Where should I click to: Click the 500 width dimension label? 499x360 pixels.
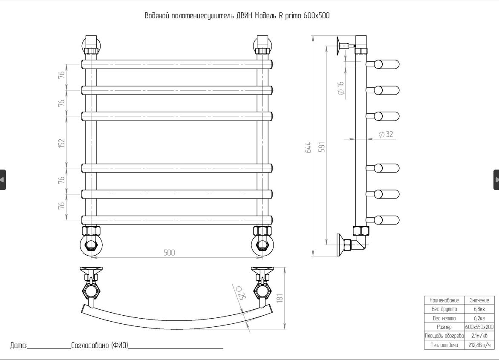coord(170,253)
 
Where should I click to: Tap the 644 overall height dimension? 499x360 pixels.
coord(309,147)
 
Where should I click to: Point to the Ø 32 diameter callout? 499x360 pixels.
coord(386,134)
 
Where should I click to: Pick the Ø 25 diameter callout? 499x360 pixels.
coord(239,293)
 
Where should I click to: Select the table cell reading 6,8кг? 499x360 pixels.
coord(479,309)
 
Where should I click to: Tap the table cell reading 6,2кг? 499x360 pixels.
coord(479,318)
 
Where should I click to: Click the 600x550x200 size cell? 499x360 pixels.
coord(479,327)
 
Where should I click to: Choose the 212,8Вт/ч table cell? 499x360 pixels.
coord(479,345)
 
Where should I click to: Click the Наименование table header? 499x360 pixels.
coord(444,300)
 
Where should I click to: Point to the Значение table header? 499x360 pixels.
coord(479,300)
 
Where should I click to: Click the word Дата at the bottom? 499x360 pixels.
coord(18,345)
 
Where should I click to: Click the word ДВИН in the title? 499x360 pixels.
coord(244,16)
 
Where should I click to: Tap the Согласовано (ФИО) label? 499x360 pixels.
coord(100,345)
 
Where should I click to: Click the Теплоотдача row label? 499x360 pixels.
coord(444,345)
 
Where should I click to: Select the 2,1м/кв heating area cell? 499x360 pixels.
coord(479,336)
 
